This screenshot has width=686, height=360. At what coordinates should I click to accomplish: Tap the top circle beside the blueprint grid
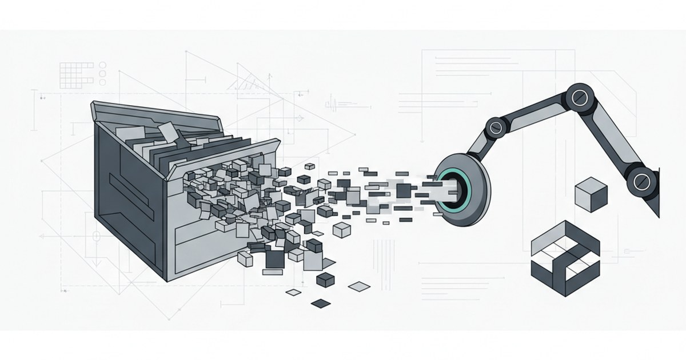tap(102, 65)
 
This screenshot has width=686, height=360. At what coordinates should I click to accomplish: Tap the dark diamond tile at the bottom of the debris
tap(321, 302)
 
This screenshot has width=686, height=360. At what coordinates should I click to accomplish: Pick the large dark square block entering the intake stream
tap(403, 190)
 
